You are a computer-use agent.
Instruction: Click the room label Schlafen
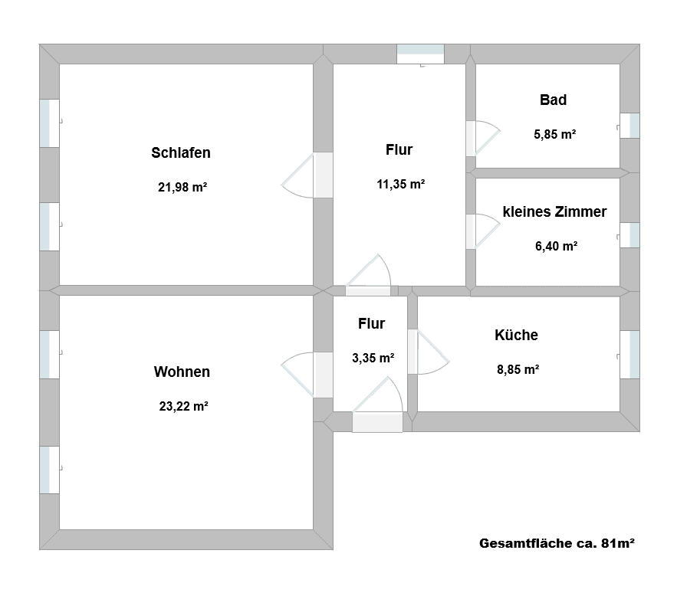(x=181, y=152)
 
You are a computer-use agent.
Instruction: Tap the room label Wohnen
(x=182, y=372)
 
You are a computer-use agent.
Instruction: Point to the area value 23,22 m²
(x=183, y=407)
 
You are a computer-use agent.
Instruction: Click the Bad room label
(x=553, y=100)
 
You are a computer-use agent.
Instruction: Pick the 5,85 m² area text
(x=554, y=134)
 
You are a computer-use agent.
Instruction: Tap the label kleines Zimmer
(x=554, y=211)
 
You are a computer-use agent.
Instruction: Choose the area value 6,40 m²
(x=556, y=246)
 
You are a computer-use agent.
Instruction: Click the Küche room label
(x=516, y=335)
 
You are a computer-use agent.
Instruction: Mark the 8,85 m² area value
(x=518, y=368)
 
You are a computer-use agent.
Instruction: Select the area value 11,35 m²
(x=400, y=184)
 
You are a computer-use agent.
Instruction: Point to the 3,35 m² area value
(x=373, y=358)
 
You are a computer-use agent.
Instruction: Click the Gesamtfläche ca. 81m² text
(x=557, y=544)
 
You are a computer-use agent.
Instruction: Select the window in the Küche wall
(x=629, y=355)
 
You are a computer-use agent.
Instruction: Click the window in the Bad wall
(x=629, y=126)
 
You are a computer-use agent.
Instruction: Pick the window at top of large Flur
(x=420, y=54)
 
